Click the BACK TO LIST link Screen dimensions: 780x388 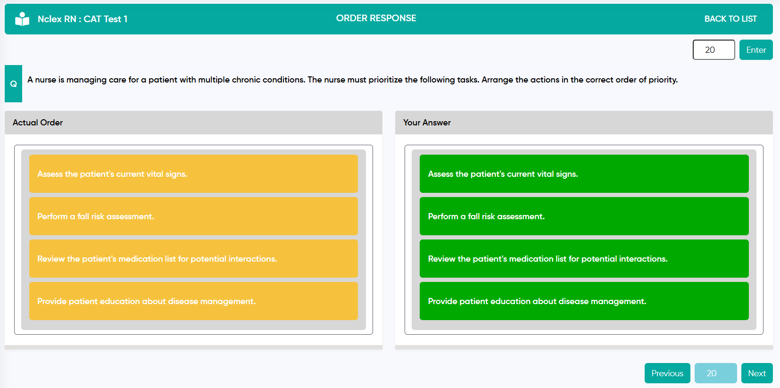coord(730,19)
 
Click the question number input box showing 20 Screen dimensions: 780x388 coord(714,50)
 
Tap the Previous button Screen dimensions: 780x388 coord(667,373)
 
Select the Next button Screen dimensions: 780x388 coord(757,373)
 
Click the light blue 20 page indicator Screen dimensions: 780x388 coord(715,373)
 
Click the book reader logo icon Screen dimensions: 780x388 coord(22,19)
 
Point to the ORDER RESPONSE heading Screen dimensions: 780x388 coord(376,18)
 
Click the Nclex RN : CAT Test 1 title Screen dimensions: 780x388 coord(83,19)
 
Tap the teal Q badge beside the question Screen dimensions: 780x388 coord(14,83)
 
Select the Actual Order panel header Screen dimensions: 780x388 coord(194,123)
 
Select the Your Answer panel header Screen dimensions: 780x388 coord(584,123)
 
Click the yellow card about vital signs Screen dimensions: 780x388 coord(194,173)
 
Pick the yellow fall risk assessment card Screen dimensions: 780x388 coord(194,216)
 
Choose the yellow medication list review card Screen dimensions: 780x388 coord(194,258)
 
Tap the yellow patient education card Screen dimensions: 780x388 coord(194,301)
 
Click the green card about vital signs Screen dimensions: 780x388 coord(584,173)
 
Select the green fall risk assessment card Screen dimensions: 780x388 coord(584,216)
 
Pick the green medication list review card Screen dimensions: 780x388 coord(584,258)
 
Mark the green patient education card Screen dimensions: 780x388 coord(584,301)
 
